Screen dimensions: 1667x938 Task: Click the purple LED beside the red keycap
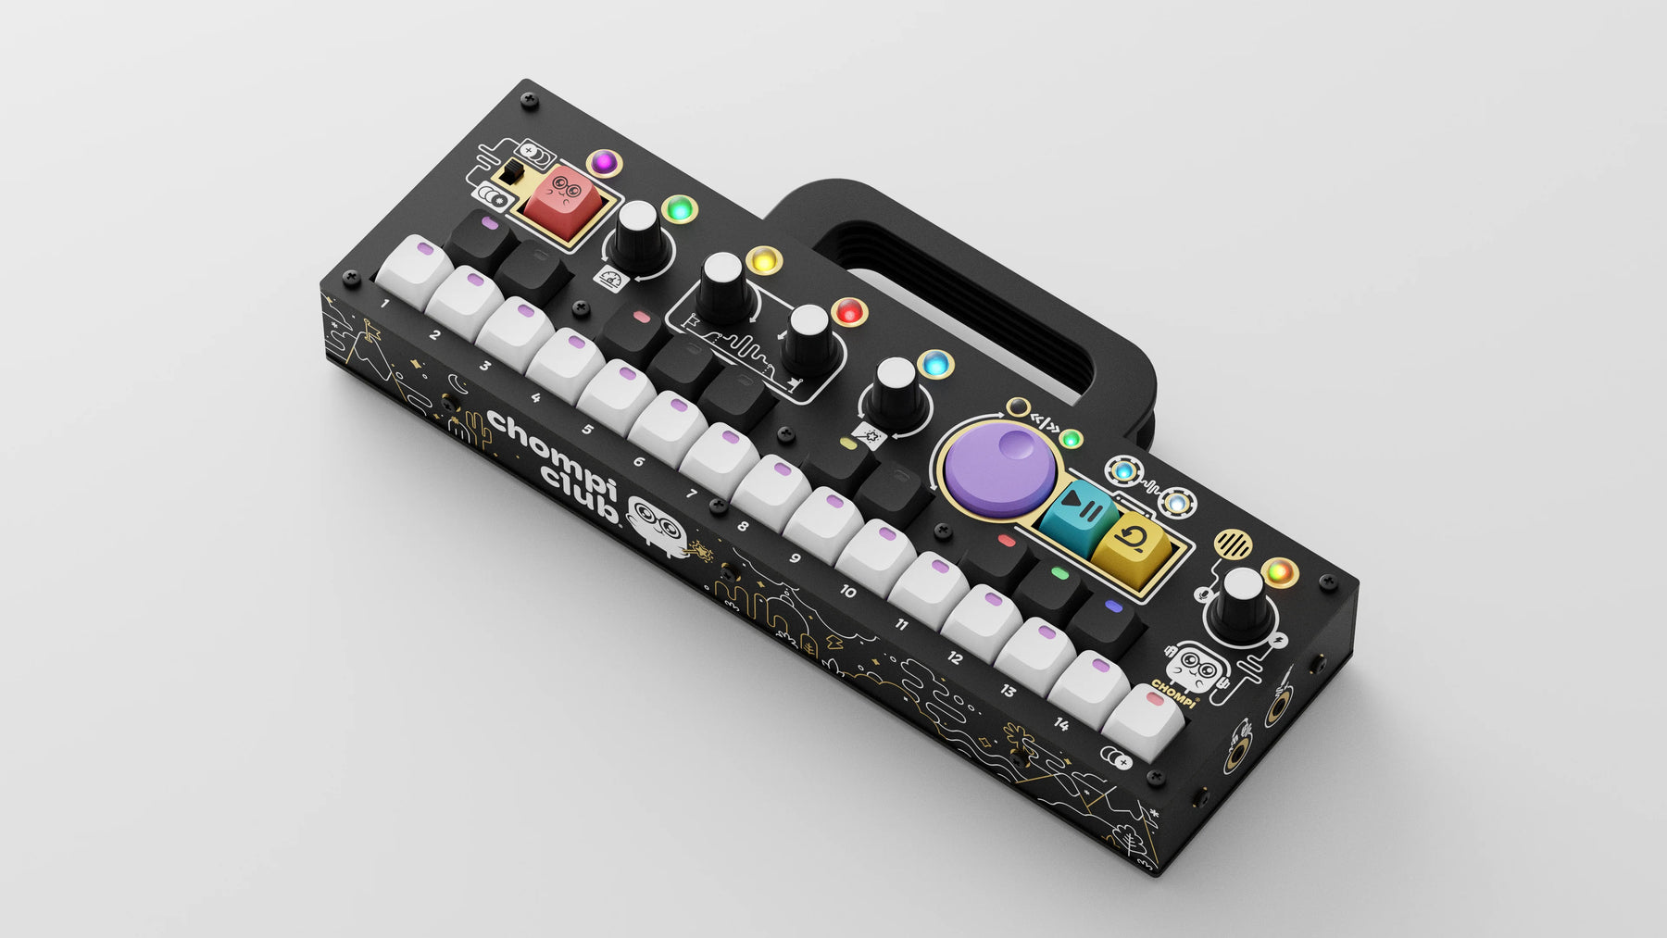pyautogui.click(x=604, y=163)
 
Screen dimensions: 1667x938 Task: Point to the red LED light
pyautogui.click(x=848, y=312)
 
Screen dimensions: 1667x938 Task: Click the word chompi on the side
pyautogui.click(x=550, y=447)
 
